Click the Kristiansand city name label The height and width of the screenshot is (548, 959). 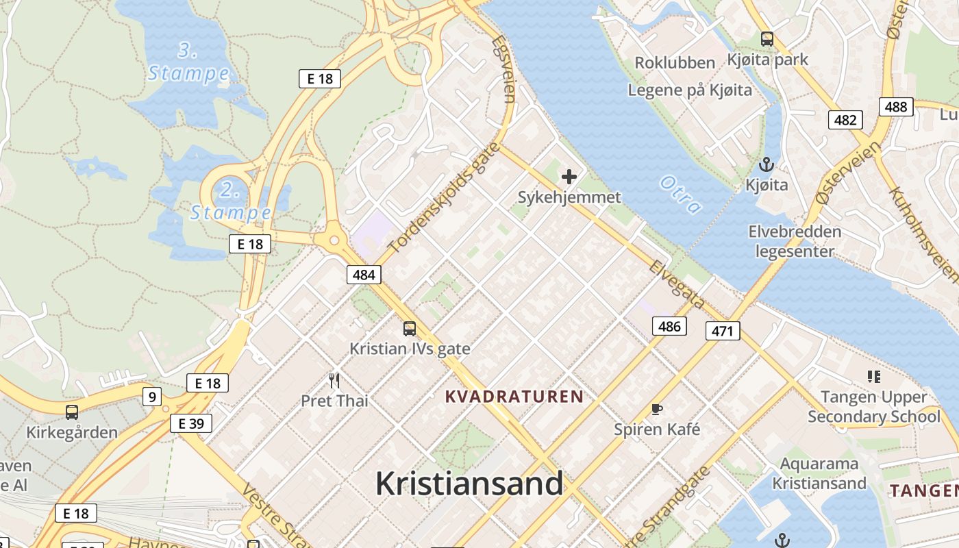point(469,484)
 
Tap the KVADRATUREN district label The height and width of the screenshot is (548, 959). point(514,396)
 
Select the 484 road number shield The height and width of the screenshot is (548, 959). point(364,275)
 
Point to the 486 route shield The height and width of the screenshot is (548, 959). point(669,326)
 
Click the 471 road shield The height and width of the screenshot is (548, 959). point(723,332)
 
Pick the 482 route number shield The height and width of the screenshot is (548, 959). point(845,120)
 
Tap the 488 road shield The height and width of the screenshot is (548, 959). point(896,106)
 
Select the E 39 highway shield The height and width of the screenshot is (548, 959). point(191,423)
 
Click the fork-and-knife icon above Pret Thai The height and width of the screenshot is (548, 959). point(334,380)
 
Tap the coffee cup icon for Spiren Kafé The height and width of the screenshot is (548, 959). point(657,410)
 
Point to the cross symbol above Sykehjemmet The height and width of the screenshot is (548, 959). point(569,177)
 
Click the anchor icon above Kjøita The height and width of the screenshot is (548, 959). point(767,165)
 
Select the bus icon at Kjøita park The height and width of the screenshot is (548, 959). point(767,39)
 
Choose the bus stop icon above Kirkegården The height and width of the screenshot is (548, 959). point(72,412)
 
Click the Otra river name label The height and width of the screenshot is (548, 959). point(681,195)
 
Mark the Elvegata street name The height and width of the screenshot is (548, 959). point(677,284)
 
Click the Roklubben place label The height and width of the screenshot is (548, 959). point(675,63)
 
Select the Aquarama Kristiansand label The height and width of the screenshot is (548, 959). point(819,473)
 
